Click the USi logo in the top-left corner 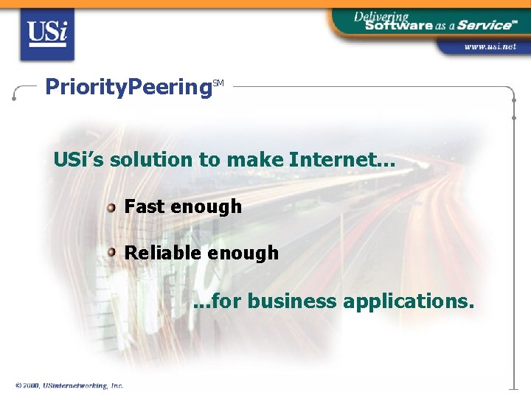point(46,34)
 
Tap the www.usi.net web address point(490,46)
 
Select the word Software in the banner point(398,25)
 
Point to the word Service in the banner point(484,25)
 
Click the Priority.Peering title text point(128,87)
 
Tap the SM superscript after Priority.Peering point(218,83)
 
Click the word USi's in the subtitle point(78,159)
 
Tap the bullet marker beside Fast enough point(111,207)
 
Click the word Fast point(145,206)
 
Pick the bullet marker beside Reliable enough point(111,253)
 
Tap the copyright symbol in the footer point(18,385)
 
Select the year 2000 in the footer point(31,385)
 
